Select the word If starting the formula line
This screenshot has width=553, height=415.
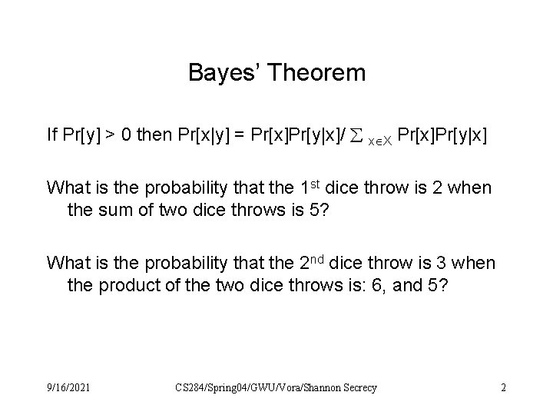click(51, 136)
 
